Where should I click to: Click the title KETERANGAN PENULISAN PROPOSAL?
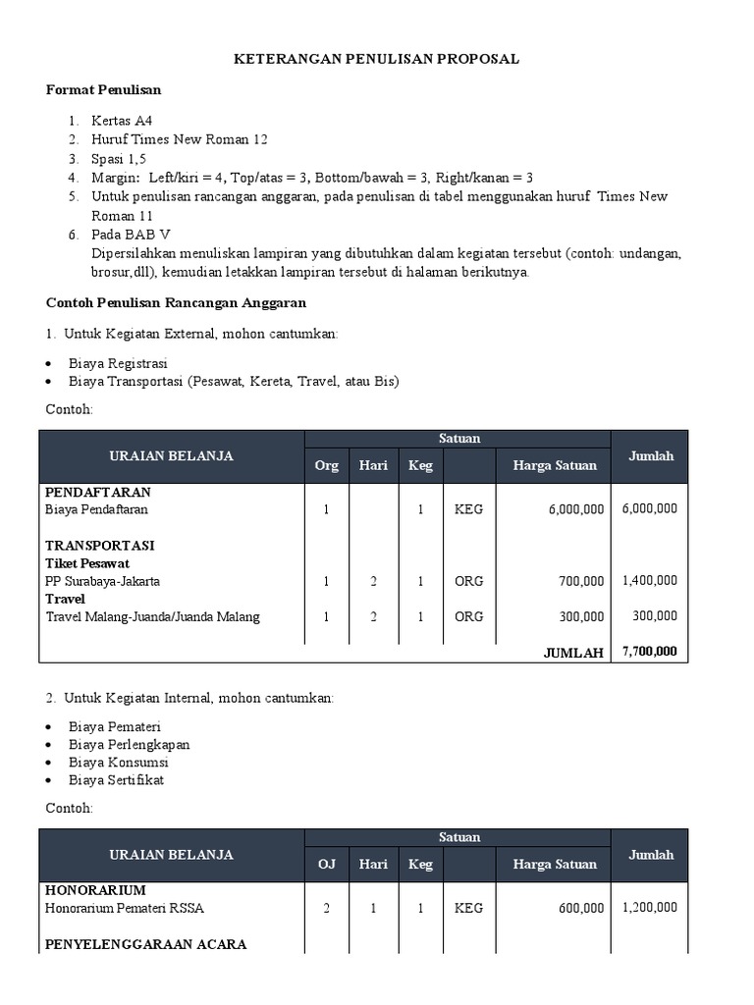[376, 59]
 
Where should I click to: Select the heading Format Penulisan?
[104, 89]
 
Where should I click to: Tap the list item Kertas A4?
[122, 122]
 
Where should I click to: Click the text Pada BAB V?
[131, 235]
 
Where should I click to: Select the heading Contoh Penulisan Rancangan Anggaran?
[177, 302]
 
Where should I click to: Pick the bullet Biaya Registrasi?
[118, 363]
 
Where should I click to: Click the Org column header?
[326, 465]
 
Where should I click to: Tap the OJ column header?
[326, 864]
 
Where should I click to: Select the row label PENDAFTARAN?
[98, 492]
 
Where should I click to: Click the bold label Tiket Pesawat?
[87, 563]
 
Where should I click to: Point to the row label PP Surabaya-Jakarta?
[103, 581]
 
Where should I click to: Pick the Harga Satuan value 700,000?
[581, 581]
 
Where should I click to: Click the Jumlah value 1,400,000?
[649, 581]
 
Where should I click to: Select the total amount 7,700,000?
[649, 652]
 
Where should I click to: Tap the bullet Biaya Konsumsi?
[119, 762]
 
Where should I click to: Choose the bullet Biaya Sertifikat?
[117, 779]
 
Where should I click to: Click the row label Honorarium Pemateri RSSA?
[125, 908]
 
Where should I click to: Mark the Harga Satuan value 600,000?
[581, 908]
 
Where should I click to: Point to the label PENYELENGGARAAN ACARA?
[146, 944]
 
